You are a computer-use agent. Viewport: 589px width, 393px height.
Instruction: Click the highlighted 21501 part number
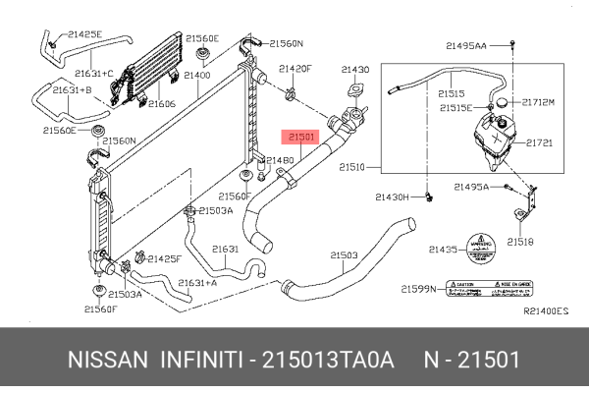(x=299, y=139)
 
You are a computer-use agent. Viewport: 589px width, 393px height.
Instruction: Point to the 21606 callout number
(x=161, y=103)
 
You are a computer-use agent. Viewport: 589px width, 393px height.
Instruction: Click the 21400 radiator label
(x=197, y=75)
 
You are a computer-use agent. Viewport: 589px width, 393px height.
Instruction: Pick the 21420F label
(x=294, y=69)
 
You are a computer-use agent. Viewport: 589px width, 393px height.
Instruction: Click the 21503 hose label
(x=343, y=254)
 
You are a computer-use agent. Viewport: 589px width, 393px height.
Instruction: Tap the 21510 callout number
(x=352, y=168)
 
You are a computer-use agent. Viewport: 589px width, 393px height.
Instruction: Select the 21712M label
(x=538, y=101)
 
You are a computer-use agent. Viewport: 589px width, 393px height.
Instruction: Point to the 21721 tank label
(x=539, y=142)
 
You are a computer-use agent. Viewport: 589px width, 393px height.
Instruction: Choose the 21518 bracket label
(x=520, y=241)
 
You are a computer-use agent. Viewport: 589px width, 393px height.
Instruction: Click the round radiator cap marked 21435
(x=481, y=248)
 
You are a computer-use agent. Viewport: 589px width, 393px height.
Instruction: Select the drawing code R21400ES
(x=546, y=310)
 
